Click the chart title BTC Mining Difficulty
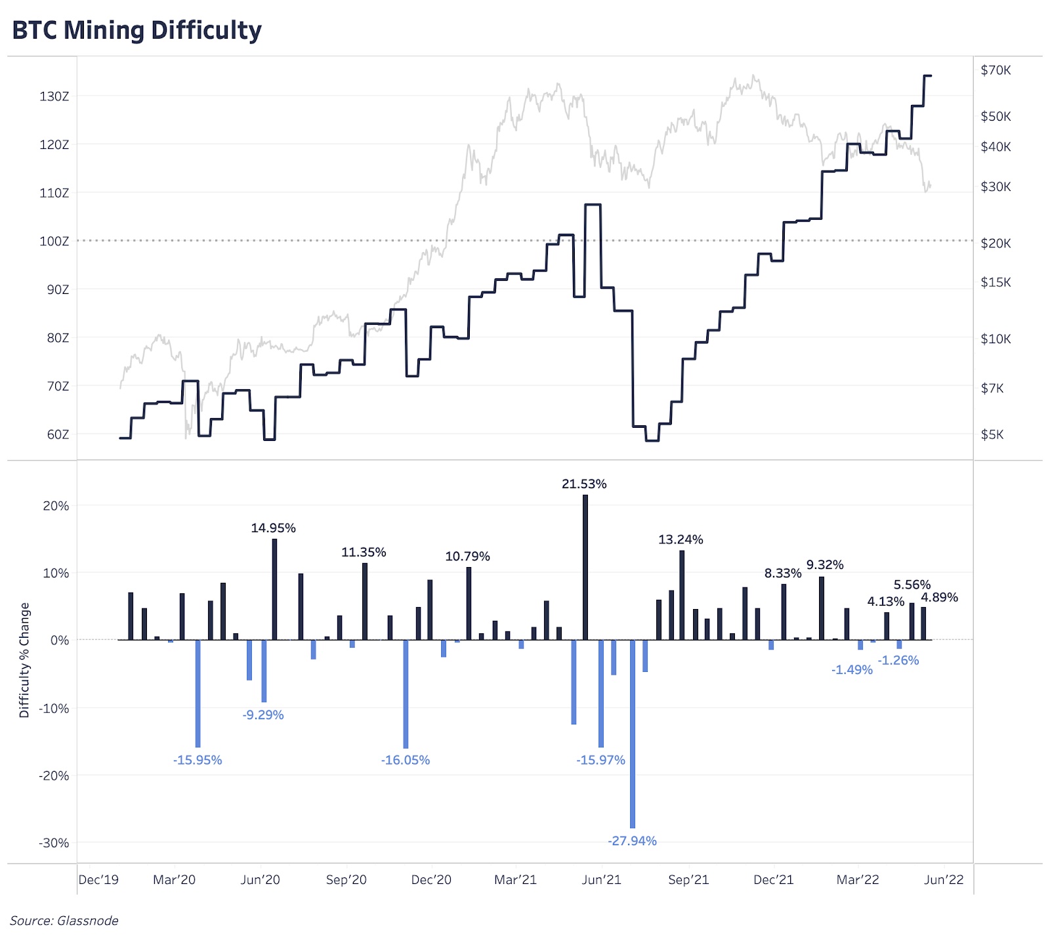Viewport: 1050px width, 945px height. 136,30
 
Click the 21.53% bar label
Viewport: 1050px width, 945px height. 584,484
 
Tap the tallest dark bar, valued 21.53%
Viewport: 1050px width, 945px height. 585,567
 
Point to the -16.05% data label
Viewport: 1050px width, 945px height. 406,760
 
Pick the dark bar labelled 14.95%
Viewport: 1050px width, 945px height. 274,589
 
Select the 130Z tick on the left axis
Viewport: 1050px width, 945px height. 54,96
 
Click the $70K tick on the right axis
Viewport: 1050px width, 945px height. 996,70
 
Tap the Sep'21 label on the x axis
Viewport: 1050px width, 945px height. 688,880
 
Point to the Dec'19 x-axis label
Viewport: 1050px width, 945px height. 98,880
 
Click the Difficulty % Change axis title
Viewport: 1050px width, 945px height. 25,660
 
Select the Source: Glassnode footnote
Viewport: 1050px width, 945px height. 64,921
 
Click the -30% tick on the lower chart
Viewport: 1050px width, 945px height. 55,843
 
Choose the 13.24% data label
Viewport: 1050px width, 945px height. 681,539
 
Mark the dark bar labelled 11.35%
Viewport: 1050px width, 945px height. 365,601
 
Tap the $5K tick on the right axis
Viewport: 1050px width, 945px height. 992,434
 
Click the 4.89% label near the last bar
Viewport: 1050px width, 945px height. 939,597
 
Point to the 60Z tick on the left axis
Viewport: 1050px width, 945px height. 57,434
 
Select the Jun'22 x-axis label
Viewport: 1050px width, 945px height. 944,880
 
